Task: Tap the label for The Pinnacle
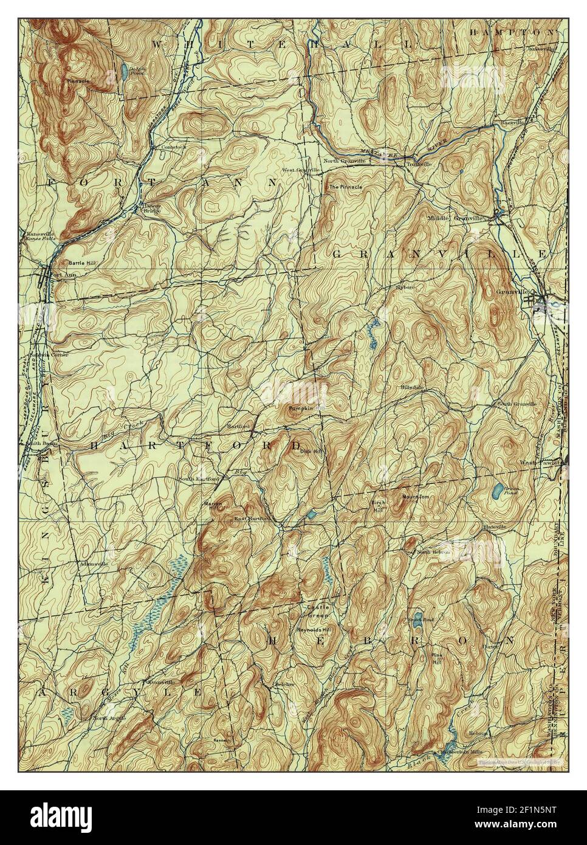coord(345,187)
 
